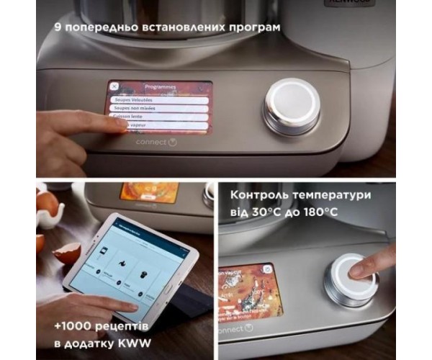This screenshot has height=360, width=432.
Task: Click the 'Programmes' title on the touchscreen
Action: (160, 86)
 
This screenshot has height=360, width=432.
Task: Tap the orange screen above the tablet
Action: (149, 192)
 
